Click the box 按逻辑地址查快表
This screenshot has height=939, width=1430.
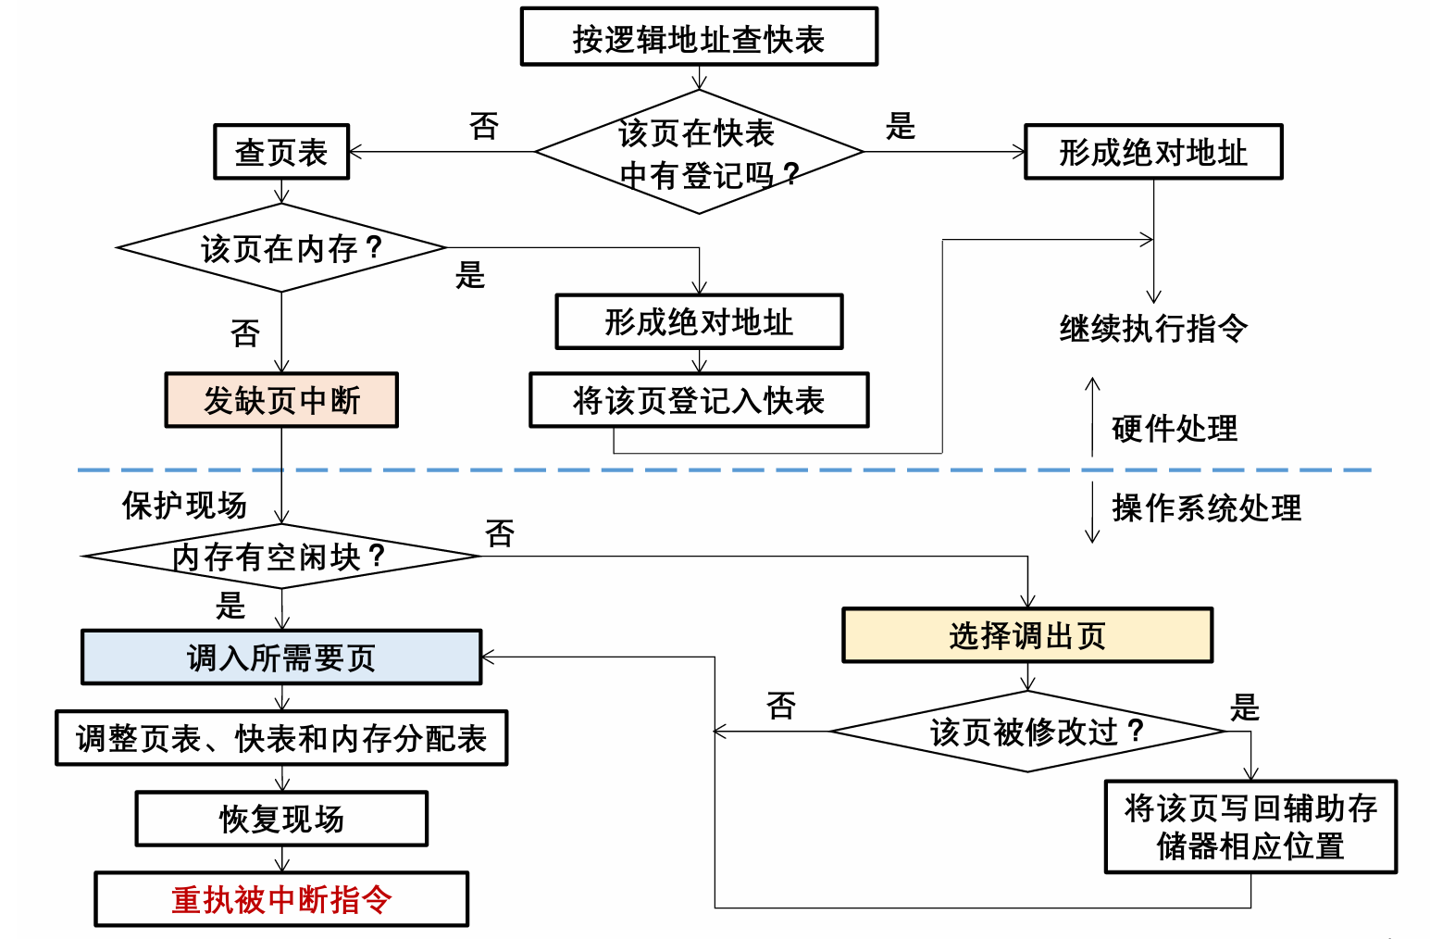click(699, 37)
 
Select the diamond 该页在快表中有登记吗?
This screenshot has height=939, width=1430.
click(699, 152)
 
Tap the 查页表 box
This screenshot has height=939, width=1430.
click(281, 152)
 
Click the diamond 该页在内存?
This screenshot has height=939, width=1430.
click(281, 248)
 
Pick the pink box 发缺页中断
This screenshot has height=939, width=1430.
click(281, 400)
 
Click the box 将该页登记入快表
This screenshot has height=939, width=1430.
click(699, 400)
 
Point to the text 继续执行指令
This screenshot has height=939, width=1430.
click(1153, 328)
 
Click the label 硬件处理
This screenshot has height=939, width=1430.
click(1174, 428)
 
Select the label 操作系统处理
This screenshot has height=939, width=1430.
click(1206, 507)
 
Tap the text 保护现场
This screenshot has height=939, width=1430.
click(184, 505)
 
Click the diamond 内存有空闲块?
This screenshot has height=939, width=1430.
click(281, 557)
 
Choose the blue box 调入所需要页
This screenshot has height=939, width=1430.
click(281, 657)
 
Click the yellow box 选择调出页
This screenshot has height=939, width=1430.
click(1027, 635)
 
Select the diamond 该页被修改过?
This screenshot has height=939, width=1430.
click(1027, 732)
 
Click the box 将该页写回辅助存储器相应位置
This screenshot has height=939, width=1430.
click(1250, 827)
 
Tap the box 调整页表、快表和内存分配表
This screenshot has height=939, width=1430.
click(281, 738)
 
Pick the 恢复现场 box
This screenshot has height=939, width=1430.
click(281, 819)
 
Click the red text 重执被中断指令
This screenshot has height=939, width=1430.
click(281, 899)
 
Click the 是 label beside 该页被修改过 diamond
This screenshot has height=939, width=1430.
click(1244, 707)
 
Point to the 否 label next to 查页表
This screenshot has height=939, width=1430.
click(484, 126)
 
